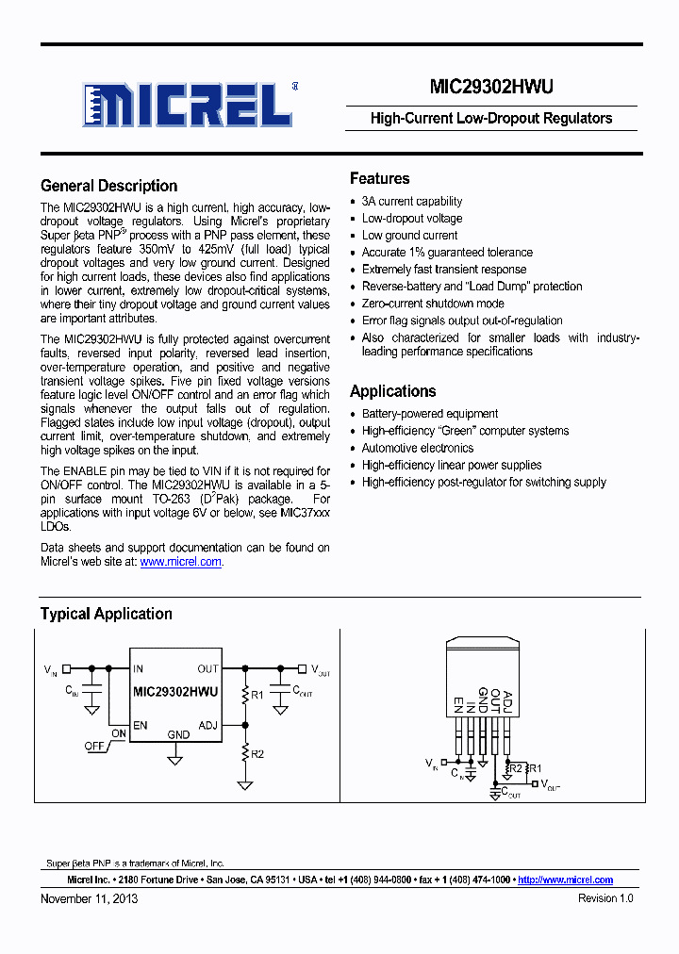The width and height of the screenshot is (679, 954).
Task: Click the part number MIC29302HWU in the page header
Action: [490, 87]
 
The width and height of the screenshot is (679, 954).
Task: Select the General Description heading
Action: [108, 186]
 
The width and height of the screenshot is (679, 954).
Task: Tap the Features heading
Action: [379, 178]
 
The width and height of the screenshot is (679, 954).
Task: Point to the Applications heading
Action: [392, 391]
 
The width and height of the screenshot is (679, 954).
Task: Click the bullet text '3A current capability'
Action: [412, 202]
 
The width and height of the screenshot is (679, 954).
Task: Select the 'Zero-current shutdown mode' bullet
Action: [433, 304]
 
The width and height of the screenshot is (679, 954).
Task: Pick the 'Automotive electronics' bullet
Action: [418, 448]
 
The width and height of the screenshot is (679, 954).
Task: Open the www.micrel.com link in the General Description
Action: [181, 562]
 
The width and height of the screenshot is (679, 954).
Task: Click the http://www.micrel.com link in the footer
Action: [566, 880]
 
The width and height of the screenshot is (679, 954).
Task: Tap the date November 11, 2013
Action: [89, 898]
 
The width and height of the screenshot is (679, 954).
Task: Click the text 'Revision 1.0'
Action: [605, 898]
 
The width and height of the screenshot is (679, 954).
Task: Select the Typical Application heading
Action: [106, 614]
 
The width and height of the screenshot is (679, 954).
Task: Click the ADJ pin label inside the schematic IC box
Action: [207, 725]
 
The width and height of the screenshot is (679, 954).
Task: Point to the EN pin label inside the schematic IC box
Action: [141, 725]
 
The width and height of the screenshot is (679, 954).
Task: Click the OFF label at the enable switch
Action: [94, 745]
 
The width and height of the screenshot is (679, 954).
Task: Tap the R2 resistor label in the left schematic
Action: [257, 754]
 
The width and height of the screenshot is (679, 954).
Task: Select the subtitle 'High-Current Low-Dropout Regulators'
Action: [490, 119]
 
